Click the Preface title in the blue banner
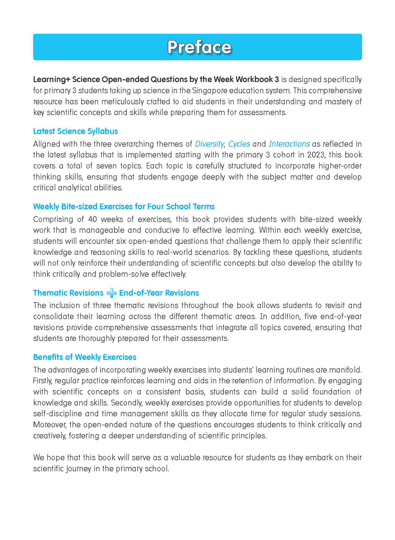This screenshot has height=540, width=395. pyautogui.click(x=199, y=47)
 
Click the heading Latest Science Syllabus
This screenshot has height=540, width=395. pyautogui.click(x=75, y=131)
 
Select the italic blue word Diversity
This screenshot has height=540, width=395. pyautogui.click(x=209, y=144)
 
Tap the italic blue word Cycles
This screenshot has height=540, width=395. pyautogui.click(x=239, y=144)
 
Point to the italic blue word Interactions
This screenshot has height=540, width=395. pyautogui.click(x=289, y=144)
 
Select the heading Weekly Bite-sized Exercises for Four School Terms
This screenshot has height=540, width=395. pyautogui.click(x=124, y=206)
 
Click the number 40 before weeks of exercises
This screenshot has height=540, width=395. pyautogui.click(x=93, y=219)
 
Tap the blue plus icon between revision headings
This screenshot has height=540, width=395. pyautogui.click(x=112, y=293)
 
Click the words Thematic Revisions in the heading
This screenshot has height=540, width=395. pyautogui.click(x=68, y=293)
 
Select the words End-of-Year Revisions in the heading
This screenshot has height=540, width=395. pyautogui.click(x=159, y=293)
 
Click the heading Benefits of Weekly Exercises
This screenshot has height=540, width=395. pyautogui.click(x=85, y=357)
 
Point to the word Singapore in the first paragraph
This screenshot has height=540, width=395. pyautogui.click(x=209, y=91)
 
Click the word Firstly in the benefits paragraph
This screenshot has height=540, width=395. pyautogui.click(x=43, y=381)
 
